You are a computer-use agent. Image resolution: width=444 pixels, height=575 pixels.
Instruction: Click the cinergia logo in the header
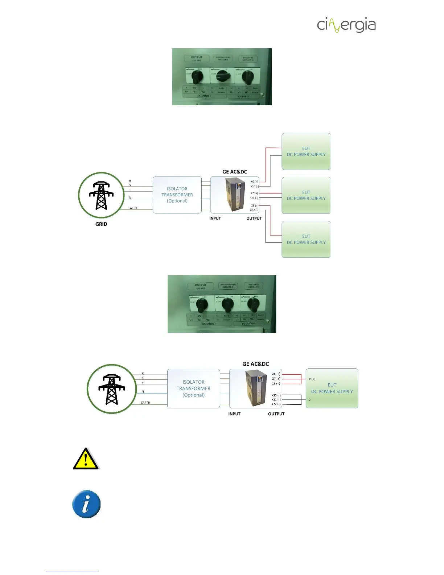(x=346, y=25)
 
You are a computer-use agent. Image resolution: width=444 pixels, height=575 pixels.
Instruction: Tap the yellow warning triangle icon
(x=86, y=459)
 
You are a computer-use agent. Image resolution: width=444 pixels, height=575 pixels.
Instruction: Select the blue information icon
(x=86, y=504)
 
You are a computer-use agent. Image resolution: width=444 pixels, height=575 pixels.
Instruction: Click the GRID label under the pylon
(x=101, y=224)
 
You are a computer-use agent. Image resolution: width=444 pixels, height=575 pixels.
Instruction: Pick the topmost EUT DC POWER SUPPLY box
(x=306, y=151)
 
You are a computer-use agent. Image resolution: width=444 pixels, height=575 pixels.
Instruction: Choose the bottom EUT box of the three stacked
(x=306, y=239)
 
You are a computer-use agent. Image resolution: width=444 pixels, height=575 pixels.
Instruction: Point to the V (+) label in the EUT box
(x=312, y=379)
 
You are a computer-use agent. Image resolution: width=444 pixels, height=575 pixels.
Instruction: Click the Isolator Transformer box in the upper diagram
(x=177, y=195)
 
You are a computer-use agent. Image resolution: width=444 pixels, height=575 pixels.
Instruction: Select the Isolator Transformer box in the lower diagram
(x=193, y=388)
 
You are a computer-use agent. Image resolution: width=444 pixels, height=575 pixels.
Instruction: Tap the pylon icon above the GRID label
(x=101, y=195)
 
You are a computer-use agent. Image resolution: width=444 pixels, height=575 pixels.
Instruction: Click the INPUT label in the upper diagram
(x=215, y=218)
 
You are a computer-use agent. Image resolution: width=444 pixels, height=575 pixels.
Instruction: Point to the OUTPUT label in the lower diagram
(x=276, y=414)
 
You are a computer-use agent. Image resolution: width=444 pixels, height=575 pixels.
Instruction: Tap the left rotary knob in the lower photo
(x=202, y=305)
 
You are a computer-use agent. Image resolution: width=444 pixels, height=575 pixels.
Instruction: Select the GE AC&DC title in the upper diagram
(x=235, y=172)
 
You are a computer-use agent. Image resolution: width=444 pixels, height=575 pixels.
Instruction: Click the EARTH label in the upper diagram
(x=133, y=208)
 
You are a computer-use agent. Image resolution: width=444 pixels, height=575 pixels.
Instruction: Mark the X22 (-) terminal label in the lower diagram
(x=276, y=404)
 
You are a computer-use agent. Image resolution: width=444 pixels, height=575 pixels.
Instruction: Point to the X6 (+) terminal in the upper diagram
(x=254, y=182)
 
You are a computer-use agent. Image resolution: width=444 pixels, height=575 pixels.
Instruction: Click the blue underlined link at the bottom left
(x=72, y=571)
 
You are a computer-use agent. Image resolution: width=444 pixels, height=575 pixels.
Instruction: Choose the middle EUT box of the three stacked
(x=306, y=195)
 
